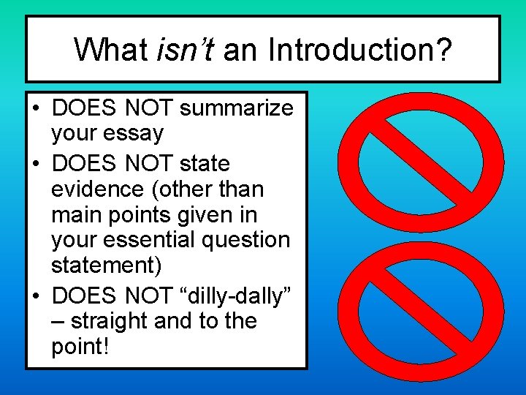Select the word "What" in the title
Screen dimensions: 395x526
[x=111, y=50]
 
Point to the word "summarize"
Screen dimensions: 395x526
[x=236, y=109]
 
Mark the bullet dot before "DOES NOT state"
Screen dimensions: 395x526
[x=36, y=164]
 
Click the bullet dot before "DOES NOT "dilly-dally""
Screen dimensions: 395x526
[x=36, y=296]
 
